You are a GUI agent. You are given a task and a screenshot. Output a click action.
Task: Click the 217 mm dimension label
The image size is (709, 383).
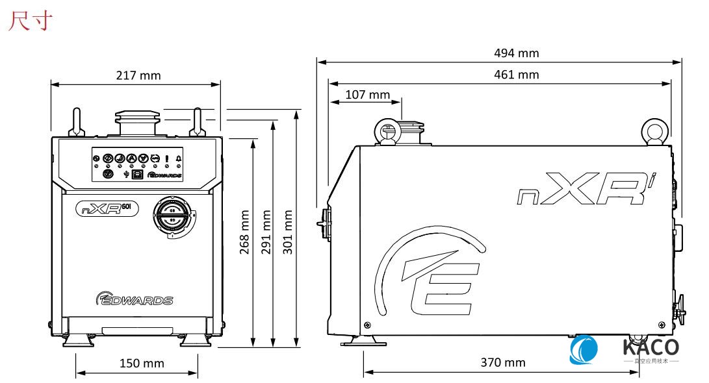(x=138, y=75)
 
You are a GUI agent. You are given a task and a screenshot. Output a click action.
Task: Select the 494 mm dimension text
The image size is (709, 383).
(x=517, y=53)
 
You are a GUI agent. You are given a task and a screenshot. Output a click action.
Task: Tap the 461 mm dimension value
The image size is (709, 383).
(x=517, y=74)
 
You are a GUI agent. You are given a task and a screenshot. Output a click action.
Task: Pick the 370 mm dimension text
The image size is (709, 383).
(x=502, y=362)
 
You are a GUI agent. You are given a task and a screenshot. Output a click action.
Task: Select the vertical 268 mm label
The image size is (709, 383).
(x=245, y=232)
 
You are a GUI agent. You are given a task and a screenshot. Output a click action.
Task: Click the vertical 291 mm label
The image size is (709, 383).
(x=266, y=232)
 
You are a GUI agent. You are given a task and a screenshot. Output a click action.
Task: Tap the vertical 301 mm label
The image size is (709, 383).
(x=288, y=232)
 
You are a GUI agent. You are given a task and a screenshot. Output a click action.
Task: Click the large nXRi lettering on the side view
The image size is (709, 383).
(x=585, y=190)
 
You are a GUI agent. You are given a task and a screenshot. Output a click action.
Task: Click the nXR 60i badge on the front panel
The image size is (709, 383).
(x=108, y=208)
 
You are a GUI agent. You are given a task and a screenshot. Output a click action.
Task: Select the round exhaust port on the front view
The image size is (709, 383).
(x=172, y=216)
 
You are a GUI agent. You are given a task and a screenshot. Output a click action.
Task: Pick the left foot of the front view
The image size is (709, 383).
(x=77, y=339)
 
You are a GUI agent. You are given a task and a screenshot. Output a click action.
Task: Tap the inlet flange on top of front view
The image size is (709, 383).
(x=136, y=122)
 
